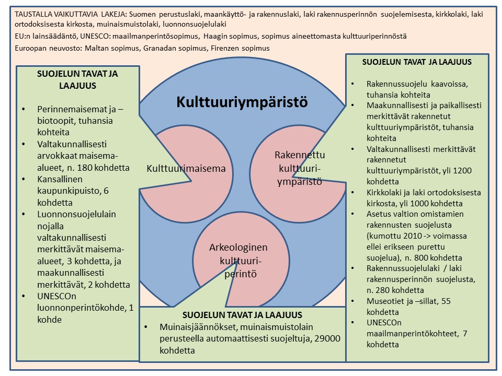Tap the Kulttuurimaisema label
click(x=186, y=169)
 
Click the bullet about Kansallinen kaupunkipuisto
click(x=73, y=191)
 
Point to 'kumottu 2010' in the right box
click(x=389, y=236)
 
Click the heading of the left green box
click(x=77, y=80)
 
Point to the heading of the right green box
click(x=417, y=62)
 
